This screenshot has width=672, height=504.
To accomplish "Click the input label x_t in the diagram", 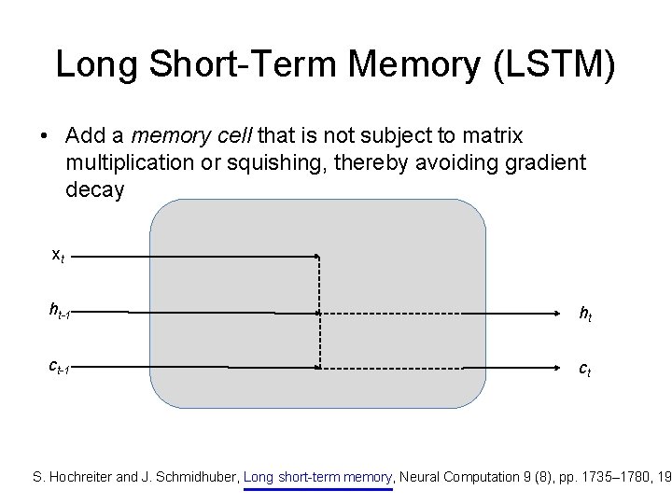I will pos(57,254).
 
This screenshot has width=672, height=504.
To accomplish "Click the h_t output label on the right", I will pos(585,315).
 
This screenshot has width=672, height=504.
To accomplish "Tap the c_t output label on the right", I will pos(585,370).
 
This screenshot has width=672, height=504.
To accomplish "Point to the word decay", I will pos(94,189).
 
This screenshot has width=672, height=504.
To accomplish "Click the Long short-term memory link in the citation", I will pos(318,477).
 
